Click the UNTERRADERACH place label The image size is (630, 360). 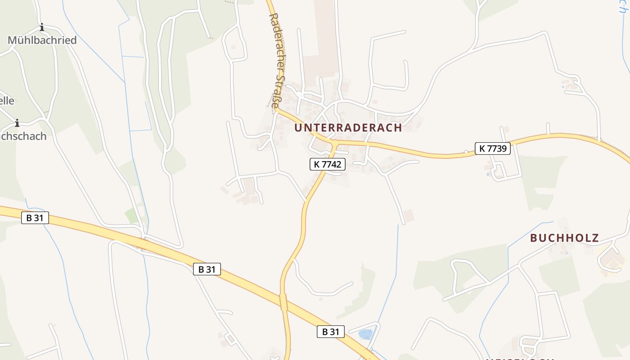coord(348,127)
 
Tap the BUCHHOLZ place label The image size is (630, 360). coord(564,238)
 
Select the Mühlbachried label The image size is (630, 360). coord(42,40)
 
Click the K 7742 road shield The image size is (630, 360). coord(328,164)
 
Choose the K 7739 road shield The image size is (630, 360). coord(493,148)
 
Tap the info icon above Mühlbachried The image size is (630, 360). coord(42,27)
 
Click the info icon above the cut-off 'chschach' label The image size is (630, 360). coord(17,123)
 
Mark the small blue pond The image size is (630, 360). coord(365,334)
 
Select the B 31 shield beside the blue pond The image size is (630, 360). coord(330,332)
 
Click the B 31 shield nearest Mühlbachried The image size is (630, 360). coord(35,218)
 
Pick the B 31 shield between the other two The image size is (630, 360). coord(207,269)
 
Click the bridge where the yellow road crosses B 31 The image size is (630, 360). coord(283,302)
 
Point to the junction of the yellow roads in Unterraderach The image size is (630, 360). coord(334,144)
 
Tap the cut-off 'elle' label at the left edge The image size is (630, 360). coord(7,100)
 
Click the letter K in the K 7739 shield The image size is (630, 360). coord(482,148)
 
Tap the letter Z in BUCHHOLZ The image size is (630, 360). coord(595,238)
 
